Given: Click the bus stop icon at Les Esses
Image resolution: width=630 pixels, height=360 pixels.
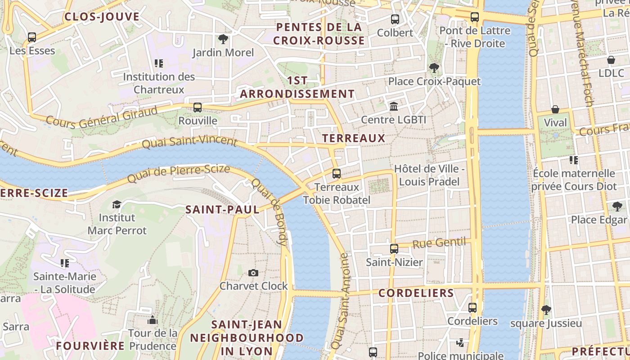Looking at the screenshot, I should tap(32, 37).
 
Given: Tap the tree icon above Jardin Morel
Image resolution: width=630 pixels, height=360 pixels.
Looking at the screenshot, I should tap(223, 39).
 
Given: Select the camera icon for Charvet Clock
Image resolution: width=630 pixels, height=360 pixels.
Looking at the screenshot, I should tap(253, 273).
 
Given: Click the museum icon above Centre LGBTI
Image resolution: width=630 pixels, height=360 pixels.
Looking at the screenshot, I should tap(394, 106).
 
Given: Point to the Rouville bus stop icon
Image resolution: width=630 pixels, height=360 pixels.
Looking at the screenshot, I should tap(198, 107).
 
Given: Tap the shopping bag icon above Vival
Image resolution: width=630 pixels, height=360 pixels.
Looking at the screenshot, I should tap(555, 109).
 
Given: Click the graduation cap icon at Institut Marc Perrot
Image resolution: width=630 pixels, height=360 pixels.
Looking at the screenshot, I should tap(117, 204).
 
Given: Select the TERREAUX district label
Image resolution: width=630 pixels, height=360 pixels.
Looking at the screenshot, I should tap(354, 138).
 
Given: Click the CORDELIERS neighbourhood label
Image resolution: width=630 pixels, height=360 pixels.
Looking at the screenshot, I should tap(416, 293).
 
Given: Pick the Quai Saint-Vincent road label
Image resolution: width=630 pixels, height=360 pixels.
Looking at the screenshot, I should tap(189, 143).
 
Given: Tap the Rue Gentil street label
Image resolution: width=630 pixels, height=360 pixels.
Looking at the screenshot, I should tap(439, 243).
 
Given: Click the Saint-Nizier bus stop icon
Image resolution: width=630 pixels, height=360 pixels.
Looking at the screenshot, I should tap(394, 248).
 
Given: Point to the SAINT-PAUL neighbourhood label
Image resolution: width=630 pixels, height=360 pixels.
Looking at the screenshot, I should tap(222, 209).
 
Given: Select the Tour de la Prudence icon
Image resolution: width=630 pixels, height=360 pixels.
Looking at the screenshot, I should tap(153, 320).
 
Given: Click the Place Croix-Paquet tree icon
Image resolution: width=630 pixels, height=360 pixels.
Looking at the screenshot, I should tap(434, 68).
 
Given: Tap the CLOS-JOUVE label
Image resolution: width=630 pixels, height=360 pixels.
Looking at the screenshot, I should tap(102, 17).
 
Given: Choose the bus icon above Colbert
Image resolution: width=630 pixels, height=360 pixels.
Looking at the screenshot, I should tap(395, 19).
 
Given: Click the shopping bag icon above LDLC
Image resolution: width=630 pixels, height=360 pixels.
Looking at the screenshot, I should tap(611, 60).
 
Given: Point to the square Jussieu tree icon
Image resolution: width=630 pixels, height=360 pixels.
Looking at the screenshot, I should tap(546, 310).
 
